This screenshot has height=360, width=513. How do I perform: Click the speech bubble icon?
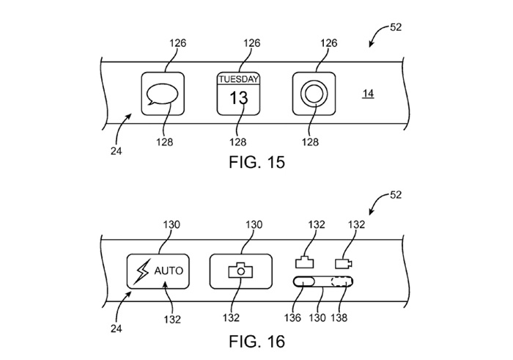pyautogui.click(x=162, y=95)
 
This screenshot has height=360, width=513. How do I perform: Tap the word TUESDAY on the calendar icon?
pyautogui.click(x=238, y=79)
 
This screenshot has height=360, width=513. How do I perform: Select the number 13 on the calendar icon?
pyautogui.click(x=238, y=98)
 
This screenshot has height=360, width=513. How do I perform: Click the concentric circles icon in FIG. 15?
pyautogui.click(x=314, y=94)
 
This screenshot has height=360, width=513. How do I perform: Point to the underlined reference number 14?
pyautogui.click(x=368, y=94)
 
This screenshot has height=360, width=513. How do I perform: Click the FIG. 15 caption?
pyautogui.click(x=256, y=162)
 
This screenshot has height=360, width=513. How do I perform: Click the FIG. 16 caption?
pyautogui.click(x=256, y=342)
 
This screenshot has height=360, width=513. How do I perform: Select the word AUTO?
pyautogui.click(x=169, y=271)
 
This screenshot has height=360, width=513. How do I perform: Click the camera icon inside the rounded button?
pyautogui.click(x=240, y=271)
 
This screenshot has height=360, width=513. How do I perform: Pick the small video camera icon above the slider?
pyautogui.click(x=344, y=263)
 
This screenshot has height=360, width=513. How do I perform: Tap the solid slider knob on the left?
pyautogui.click(x=303, y=282)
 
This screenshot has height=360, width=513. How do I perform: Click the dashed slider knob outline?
pyautogui.click(x=342, y=282)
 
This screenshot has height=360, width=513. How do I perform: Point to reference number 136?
pyautogui.click(x=292, y=317)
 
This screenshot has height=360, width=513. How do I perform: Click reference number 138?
pyautogui.click(x=339, y=317)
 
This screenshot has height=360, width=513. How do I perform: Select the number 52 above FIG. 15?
pyautogui.click(x=396, y=27)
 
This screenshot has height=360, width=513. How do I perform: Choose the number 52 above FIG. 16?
pyautogui.click(x=396, y=195)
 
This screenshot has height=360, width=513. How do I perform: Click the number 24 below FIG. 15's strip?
pyautogui.click(x=116, y=151)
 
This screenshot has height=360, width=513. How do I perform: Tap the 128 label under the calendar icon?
pyautogui.click(x=237, y=142)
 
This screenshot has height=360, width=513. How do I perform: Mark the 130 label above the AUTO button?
pyautogui.click(x=171, y=224)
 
